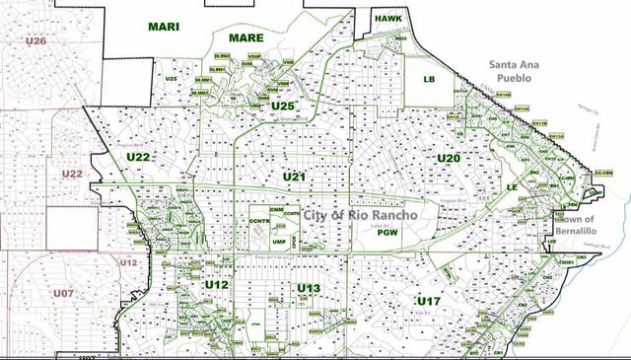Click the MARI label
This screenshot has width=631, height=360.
[x=165, y=27]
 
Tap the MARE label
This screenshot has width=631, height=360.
[x=246, y=37]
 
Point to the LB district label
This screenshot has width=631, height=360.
[x=429, y=78]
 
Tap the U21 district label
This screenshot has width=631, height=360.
[x=294, y=176]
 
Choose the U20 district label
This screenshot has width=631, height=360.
[x=449, y=158]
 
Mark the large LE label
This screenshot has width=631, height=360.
[x=512, y=186]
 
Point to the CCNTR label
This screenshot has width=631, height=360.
[x=261, y=220]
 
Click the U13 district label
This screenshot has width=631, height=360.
[x=309, y=288]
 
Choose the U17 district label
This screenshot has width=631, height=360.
[x=428, y=300]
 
